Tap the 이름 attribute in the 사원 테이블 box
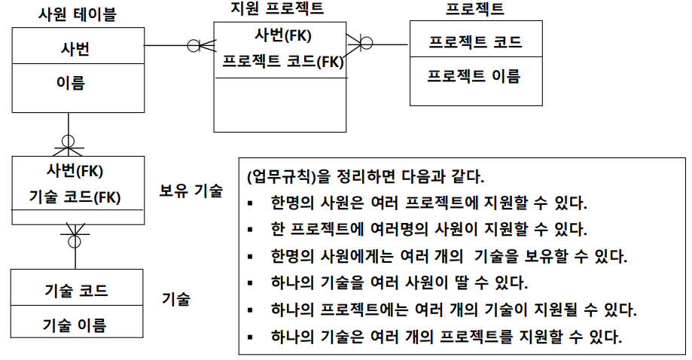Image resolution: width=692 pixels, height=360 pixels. click(72, 83)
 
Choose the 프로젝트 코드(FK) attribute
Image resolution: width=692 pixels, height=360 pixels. click(282, 62)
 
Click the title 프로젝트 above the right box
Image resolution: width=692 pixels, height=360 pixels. click(474, 9)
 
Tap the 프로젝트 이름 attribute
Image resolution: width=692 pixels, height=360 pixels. click(474, 75)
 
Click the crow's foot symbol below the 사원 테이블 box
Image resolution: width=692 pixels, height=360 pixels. click(69, 142)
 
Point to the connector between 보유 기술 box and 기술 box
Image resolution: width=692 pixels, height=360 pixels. click(74, 239)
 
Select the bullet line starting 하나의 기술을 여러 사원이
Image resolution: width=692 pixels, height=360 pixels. click(399, 283)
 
